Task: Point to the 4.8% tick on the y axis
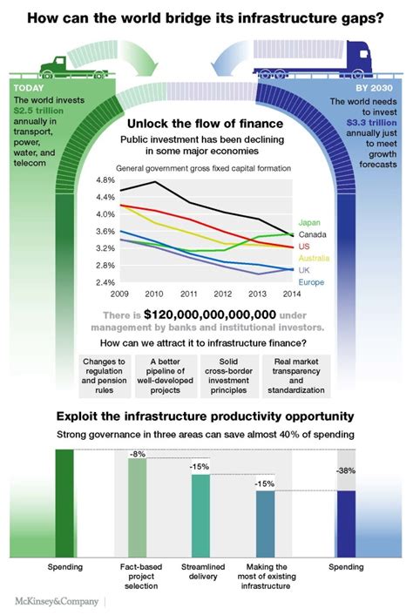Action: (x=105, y=180)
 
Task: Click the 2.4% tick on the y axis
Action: (x=105, y=282)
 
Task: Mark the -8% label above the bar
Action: (x=138, y=455)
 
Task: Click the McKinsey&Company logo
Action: (x=54, y=601)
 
